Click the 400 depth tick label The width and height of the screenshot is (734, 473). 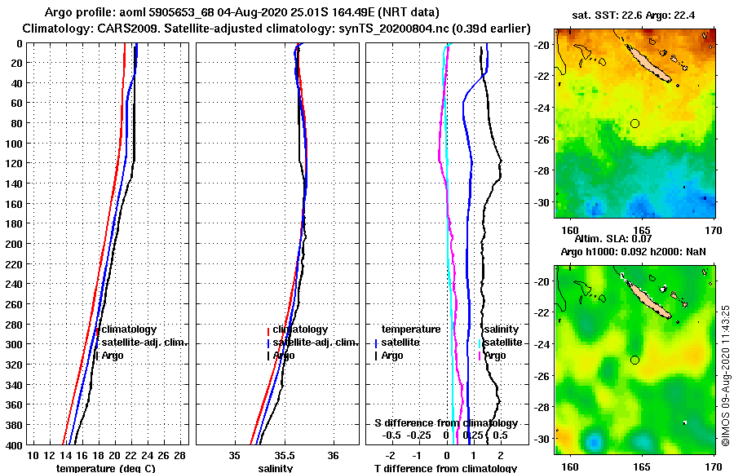14,445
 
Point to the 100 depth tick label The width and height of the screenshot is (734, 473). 14,144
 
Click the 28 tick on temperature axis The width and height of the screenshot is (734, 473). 180,455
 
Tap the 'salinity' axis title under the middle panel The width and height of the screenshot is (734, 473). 276,468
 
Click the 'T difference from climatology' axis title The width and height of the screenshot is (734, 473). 445,468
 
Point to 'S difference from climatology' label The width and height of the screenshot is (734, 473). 445,423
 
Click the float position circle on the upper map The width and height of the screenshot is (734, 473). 635,123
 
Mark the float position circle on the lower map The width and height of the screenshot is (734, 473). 635,360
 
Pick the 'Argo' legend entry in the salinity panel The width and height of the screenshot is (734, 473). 284,356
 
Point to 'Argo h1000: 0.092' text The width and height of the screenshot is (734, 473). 599,252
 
